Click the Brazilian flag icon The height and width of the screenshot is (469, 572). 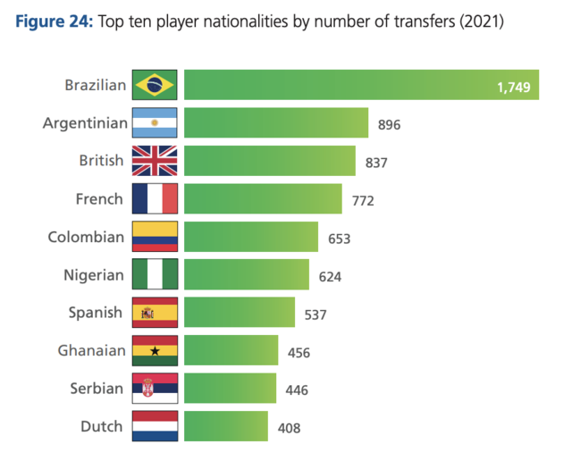coord(155,85)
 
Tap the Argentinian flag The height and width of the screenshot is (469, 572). coord(155,122)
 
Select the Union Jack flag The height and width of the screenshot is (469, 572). coord(155,161)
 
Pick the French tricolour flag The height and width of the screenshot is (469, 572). coord(155,198)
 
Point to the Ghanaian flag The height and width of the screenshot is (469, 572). coord(155,351)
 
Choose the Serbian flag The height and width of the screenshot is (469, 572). coord(155,389)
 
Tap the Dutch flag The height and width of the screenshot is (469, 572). coord(155,426)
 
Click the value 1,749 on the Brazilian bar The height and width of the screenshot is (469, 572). coord(513,87)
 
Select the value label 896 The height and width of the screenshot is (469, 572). coord(390,124)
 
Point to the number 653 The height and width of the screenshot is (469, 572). coord(340,239)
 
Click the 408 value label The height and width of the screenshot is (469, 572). coord(289,428)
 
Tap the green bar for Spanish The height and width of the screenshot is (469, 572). coord(240,313)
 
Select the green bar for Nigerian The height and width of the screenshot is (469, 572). coord(247,275)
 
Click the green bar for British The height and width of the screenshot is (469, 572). coord(269,161)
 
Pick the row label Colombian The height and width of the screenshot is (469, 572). coord(86,237)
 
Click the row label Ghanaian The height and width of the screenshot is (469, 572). coord(91,351)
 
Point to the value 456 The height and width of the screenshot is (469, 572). coord(299,352)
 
